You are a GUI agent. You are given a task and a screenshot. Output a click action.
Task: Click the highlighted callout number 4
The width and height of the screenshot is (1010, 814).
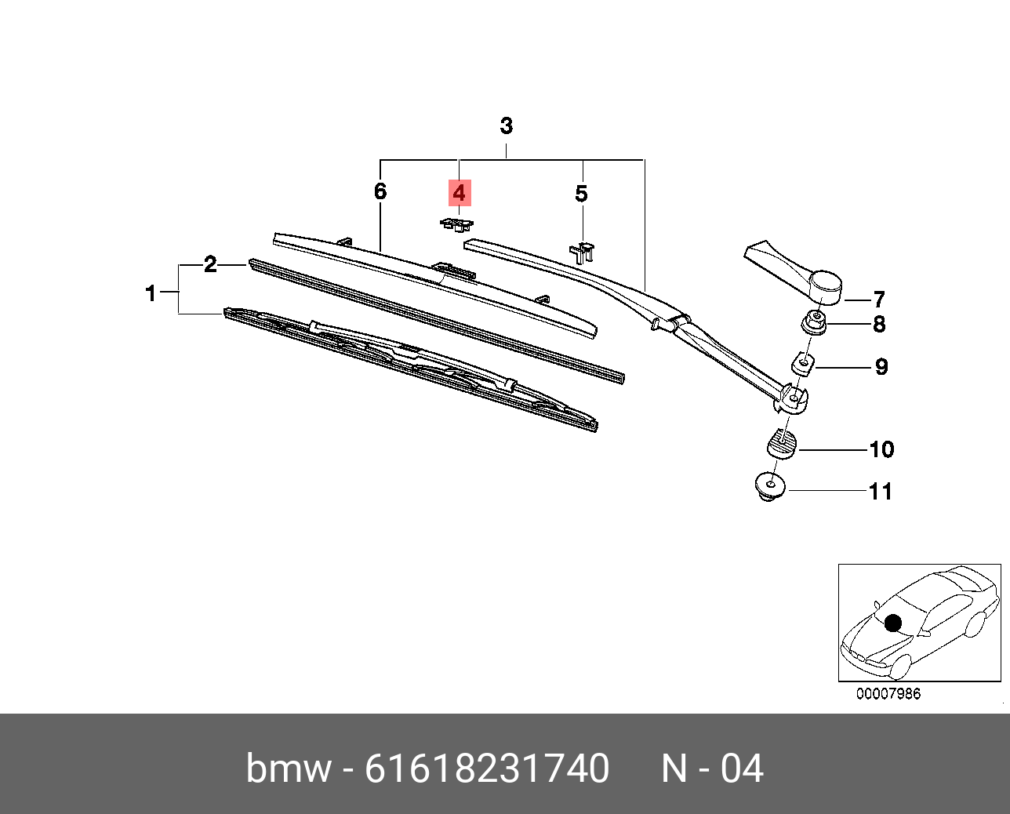(x=460, y=193)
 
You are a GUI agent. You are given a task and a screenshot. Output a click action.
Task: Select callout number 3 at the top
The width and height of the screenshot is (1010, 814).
(x=506, y=125)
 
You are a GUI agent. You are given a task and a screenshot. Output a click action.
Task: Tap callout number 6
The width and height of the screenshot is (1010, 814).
(x=380, y=191)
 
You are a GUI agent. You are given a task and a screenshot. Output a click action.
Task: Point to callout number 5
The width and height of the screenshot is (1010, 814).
(x=582, y=194)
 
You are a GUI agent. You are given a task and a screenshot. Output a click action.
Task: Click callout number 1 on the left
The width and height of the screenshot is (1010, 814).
(x=151, y=293)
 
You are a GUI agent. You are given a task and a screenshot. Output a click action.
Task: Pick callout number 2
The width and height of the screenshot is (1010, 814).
(x=210, y=264)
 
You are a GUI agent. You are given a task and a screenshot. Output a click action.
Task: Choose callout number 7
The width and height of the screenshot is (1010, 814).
(x=878, y=300)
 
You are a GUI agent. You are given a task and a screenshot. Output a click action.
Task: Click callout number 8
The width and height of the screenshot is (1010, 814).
(x=879, y=325)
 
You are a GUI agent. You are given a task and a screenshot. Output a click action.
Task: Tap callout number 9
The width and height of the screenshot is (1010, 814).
(x=882, y=367)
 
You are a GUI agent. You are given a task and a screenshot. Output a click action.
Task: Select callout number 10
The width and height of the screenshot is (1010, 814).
(x=882, y=449)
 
